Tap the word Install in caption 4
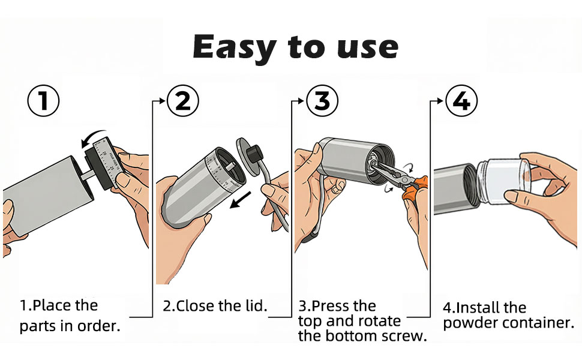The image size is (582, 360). tap(480, 308)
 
